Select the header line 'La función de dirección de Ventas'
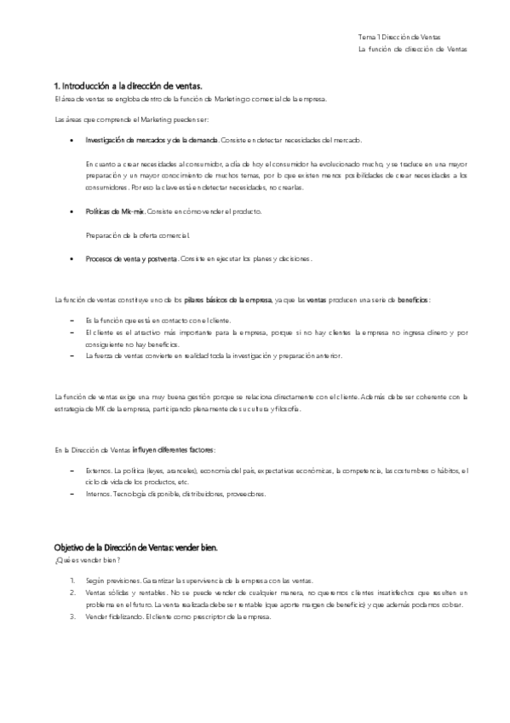[412, 49]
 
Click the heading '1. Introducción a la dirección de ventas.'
[128, 87]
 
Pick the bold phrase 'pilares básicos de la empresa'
[228, 300]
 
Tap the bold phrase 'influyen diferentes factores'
[174, 449]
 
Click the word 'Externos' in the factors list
[99, 470]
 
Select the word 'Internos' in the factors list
[98, 494]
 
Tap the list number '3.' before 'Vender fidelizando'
[73, 616]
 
